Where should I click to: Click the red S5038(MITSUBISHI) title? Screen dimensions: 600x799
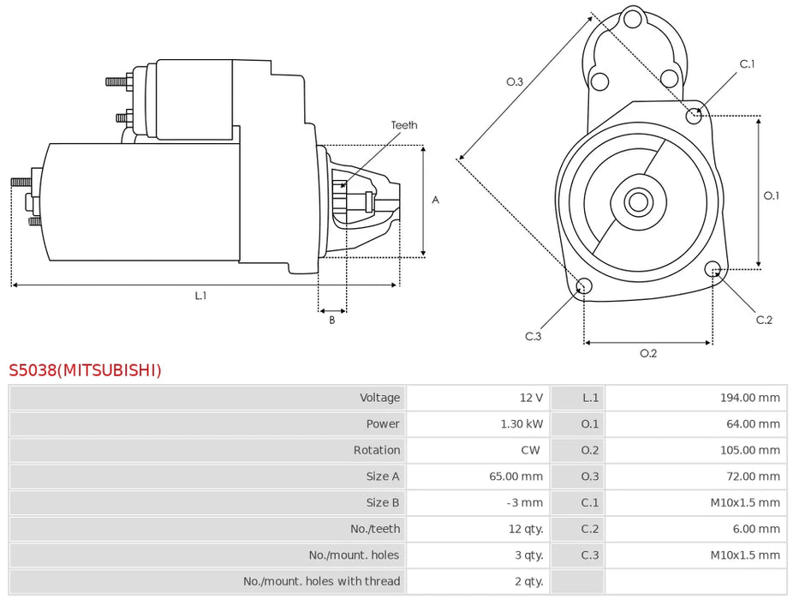(85, 370)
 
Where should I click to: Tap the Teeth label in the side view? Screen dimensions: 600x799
(404, 125)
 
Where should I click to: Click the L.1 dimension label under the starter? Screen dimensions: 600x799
(200, 296)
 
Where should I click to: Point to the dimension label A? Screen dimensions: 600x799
(435, 200)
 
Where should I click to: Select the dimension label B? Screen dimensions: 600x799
(332, 321)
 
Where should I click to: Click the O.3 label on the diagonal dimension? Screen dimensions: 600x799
(514, 82)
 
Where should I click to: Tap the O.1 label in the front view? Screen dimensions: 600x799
(772, 195)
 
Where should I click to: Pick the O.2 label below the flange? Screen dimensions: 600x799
(648, 353)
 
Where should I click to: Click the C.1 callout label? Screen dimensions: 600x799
(747, 64)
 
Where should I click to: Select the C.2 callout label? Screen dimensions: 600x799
(764, 320)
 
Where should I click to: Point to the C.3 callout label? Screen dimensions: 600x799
(533, 336)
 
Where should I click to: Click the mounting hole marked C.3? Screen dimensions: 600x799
(583, 286)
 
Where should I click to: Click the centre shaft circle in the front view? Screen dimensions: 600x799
(637, 202)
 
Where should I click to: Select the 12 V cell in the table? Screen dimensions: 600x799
(531, 398)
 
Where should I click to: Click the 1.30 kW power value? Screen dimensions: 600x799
(522, 423)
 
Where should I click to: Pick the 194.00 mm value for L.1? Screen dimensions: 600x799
(750, 398)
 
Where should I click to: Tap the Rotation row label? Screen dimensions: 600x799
(376, 450)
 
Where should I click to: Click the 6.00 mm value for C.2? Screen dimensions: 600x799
(756, 529)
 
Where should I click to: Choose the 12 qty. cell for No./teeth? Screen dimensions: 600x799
(526, 529)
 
